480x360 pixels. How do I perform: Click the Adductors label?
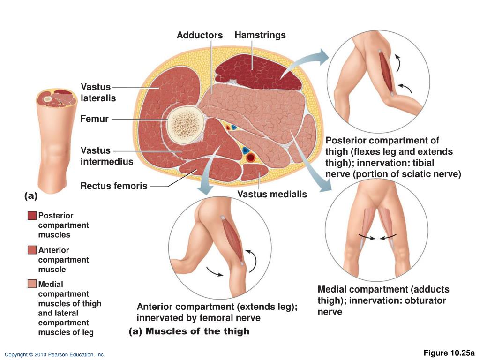[x=200, y=36]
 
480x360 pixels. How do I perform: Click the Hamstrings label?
[x=260, y=35]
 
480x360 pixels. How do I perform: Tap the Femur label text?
[x=94, y=119]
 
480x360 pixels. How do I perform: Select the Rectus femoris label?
[x=114, y=186]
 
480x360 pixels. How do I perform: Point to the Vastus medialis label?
[x=272, y=194]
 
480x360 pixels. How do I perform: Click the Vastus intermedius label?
[x=107, y=156]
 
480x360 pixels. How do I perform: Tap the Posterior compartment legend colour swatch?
[x=32, y=216]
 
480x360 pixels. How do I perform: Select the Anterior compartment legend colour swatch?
[x=32, y=250]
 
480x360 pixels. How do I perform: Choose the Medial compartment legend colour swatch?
[x=32, y=284]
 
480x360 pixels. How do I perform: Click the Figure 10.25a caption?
[x=449, y=353]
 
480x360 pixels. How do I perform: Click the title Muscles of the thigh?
[x=197, y=331]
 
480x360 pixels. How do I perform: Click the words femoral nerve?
[x=232, y=318]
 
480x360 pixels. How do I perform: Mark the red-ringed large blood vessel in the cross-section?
[x=251, y=157]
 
